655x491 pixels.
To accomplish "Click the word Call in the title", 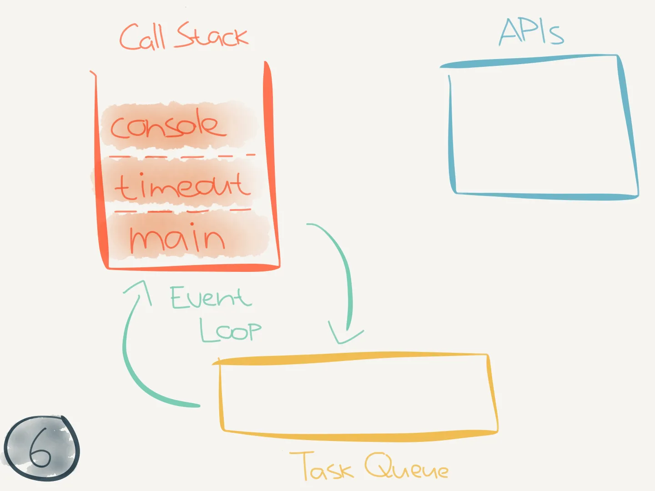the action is (x=142, y=37).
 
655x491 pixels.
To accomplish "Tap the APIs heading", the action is (x=531, y=32).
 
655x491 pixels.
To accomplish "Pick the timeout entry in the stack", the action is (x=182, y=186).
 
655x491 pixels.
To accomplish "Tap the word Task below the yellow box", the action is (x=322, y=466).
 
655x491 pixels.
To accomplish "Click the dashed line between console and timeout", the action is (x=182, y=156).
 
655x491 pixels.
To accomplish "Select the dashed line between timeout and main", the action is (x=182, y=211).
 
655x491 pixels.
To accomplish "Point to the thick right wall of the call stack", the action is (x=270, y=164).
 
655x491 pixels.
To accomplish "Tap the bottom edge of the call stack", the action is (x=193, y=267).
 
